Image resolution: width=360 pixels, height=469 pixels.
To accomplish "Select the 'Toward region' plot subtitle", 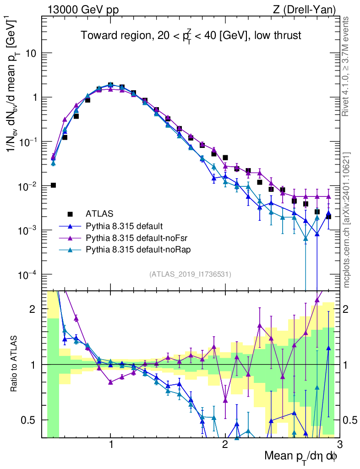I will [x=191, y=36].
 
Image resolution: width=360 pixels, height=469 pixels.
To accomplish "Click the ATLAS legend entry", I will [x=98, y=213].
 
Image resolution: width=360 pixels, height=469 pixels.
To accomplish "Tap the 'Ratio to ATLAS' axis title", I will [x=15, y=364].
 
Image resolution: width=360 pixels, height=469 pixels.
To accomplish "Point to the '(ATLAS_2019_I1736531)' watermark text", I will [x=190, y=274].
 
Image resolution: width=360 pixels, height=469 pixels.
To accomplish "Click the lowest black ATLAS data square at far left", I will [x=53, y=185].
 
